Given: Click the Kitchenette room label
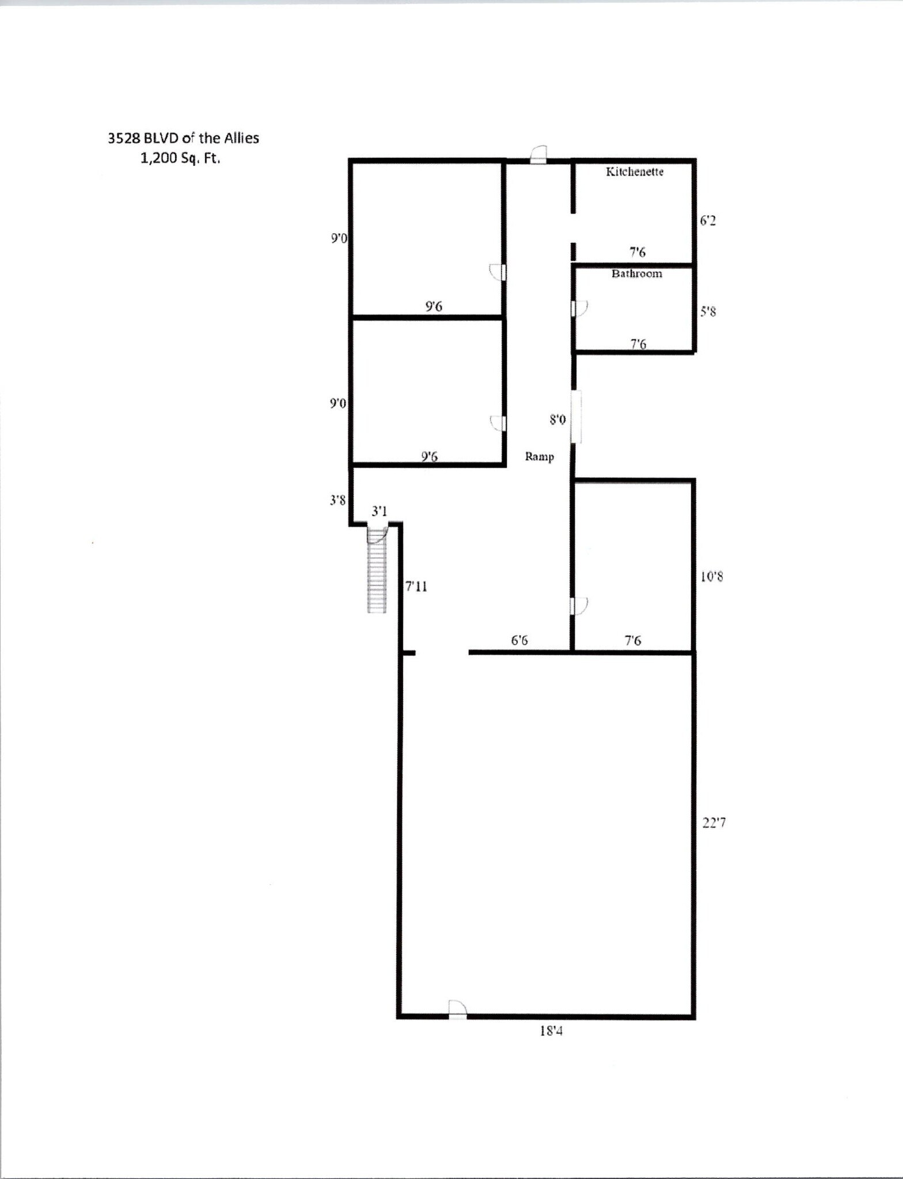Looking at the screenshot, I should (x=634, y=172).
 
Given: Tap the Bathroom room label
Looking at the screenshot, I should (x=636, y=273).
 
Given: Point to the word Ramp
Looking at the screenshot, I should (x=539, y=457).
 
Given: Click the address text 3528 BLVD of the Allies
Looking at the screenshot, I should (x=183, y=138).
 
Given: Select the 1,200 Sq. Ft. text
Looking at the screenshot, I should (x=180, y=158).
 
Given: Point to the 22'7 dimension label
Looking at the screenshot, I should (x=714, y=823).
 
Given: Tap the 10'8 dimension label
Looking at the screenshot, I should (x=712, y=576).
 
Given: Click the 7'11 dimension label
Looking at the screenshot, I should (x=416, y=586).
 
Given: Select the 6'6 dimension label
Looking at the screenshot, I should (x=519, y=640).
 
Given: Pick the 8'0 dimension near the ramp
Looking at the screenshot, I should (x=557, y=420).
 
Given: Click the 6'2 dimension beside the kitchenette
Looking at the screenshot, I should (x=708, y=220).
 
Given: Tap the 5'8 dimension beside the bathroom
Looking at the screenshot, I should (x=708, y=311).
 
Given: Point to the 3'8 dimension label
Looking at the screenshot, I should (x=337, y=500).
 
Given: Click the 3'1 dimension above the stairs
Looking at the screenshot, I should (x=379, y=511).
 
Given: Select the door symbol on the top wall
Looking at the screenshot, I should (x=538, y=154).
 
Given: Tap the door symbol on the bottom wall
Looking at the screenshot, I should (x=457, y=1010).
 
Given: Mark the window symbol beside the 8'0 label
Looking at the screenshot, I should (x=576, y=417).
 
